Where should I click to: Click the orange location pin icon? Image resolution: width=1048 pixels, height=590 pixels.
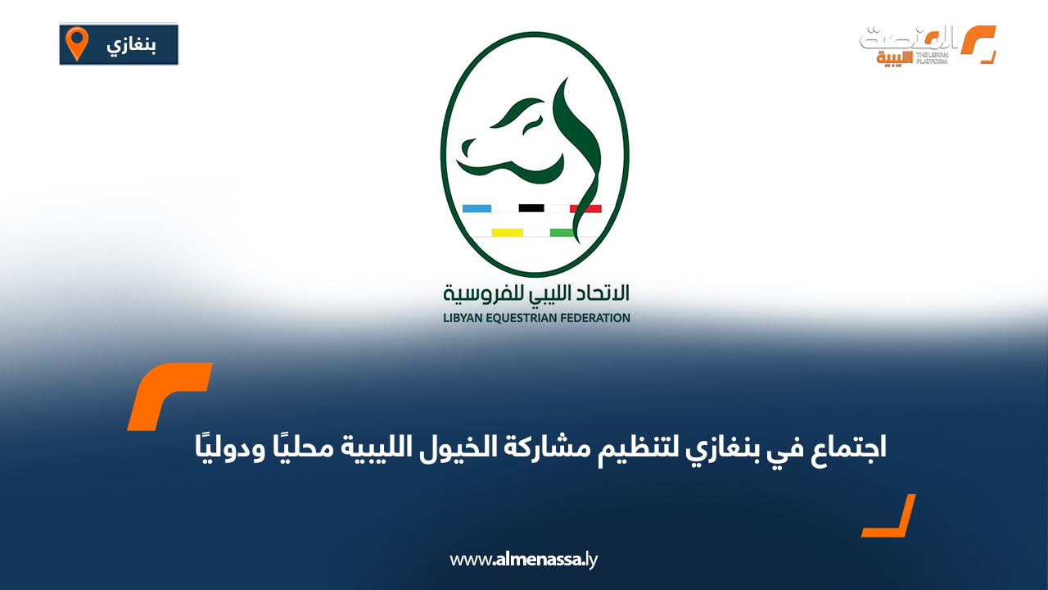coord(77,43)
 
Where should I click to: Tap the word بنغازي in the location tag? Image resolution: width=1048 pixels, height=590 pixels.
coord(130,45)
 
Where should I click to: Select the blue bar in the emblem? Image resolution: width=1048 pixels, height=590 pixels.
coord(477,208)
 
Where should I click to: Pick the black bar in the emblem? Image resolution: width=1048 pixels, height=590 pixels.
coord(531,208)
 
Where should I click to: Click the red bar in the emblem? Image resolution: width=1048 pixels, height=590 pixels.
coord(585,208)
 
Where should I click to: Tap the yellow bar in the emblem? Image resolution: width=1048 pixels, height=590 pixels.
coord(507,233)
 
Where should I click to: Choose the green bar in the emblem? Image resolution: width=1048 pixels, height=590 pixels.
coord(562,233)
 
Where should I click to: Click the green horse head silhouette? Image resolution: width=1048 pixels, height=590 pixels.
coord(532,135)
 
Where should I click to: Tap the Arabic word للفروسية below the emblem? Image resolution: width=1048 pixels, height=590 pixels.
coord(476,292)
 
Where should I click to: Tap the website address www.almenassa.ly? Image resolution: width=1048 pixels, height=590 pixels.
coord(524,560)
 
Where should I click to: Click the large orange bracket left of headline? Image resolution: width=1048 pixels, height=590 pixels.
coord(169,396)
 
